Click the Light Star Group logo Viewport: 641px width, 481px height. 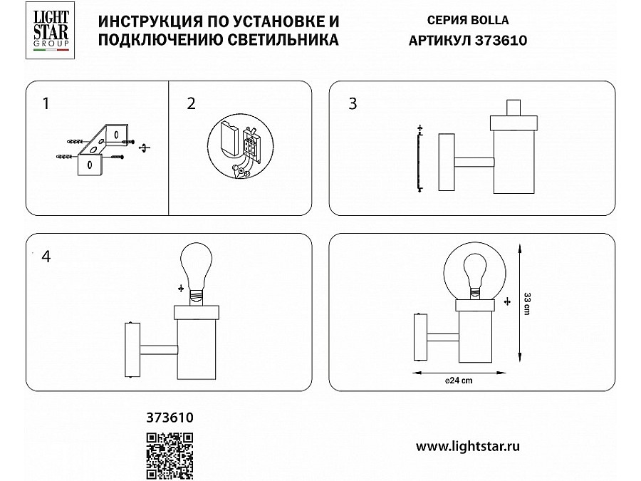[50, 30]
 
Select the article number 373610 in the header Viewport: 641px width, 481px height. [501, 40]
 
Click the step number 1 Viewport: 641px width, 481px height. [46, 103]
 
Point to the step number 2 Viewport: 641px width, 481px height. [191, 103]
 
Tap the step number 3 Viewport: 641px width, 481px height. [353, 103]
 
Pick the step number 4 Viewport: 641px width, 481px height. [46, 257]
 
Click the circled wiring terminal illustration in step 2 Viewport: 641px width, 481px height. [240, 146]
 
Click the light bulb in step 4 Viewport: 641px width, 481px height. [197, 273]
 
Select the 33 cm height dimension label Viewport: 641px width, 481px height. [527, 304]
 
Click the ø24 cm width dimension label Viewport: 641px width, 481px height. [459, 381]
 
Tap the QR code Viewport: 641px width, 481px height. [170, 455]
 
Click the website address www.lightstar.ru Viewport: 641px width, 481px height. [468, 446]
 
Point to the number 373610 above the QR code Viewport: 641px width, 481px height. [170, 417]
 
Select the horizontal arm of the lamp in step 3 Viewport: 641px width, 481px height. [474, 162]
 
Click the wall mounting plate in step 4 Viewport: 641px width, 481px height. [132, 350]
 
